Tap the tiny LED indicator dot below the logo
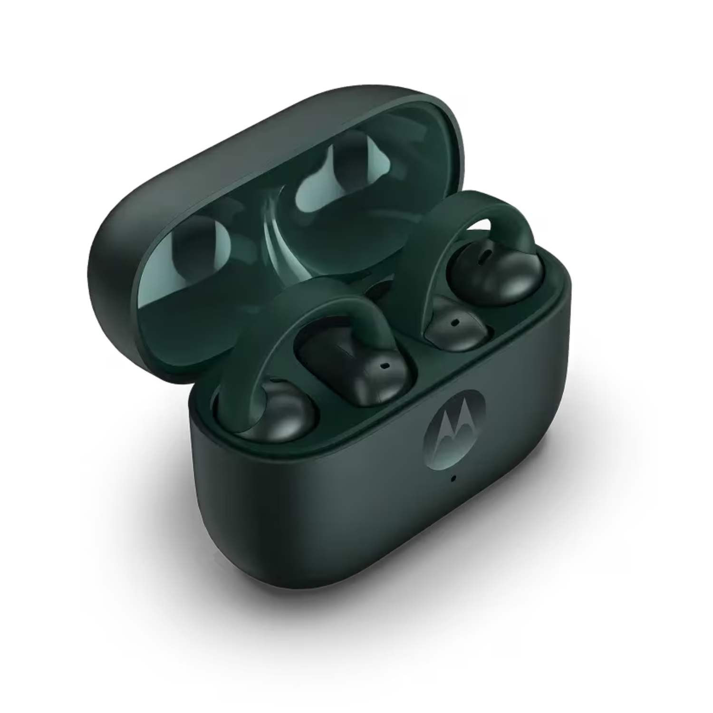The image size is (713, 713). [x=454, y=479]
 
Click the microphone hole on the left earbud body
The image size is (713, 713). [x=384, y=366]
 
